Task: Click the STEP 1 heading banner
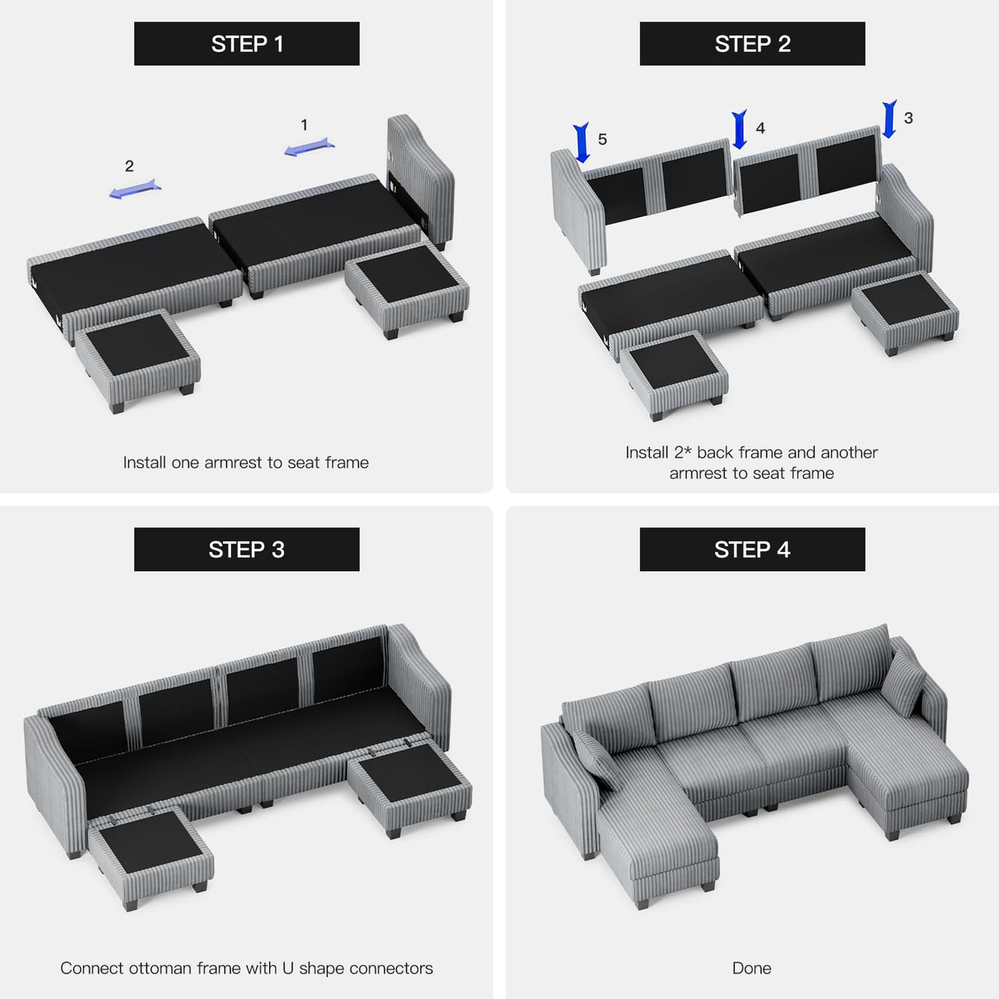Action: click(x=247, y=44)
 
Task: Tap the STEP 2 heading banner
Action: click(x=752, y=44)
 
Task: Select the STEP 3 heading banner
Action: click(x=247, y=549)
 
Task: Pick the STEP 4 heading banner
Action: click(x=752, y=549)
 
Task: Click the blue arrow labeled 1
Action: click(x=309, y=148)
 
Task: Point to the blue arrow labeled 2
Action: click(x=135, y=189)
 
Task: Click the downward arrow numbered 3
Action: click(x=890, y=119)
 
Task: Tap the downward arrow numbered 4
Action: click(x=740, y=129)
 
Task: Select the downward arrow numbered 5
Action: click(x=582, y=142)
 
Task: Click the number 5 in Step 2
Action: click(x=602, y=140)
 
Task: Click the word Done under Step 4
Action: click(x=751, y=968)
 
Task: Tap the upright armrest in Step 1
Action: click(x=420, y=177)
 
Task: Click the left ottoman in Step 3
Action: click(x=151, y=856)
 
